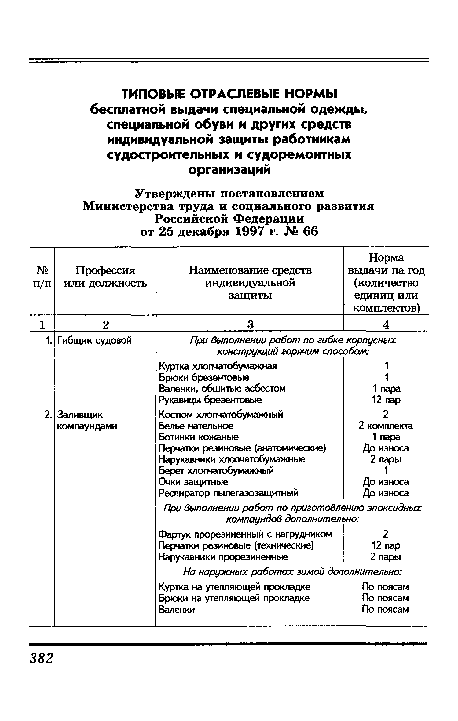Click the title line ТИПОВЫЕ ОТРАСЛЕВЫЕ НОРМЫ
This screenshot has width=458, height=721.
coord(229,94)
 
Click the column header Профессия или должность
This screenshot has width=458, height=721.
coord(105,277)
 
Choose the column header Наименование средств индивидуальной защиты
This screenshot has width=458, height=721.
coord(250,283)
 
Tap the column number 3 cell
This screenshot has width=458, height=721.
coord(250,324)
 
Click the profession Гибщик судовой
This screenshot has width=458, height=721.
coord(94,340)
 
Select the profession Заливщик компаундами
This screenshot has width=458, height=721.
coord(87,420)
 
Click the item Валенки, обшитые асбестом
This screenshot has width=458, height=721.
coord(222,389)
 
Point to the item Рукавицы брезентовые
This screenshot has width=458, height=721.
coord(210,400)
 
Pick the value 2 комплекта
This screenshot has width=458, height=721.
coord(386,426)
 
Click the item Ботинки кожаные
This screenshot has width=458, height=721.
coord(199,437)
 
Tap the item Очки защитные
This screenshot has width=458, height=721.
coord(193,482)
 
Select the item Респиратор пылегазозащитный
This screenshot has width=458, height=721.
coord(228,493)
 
